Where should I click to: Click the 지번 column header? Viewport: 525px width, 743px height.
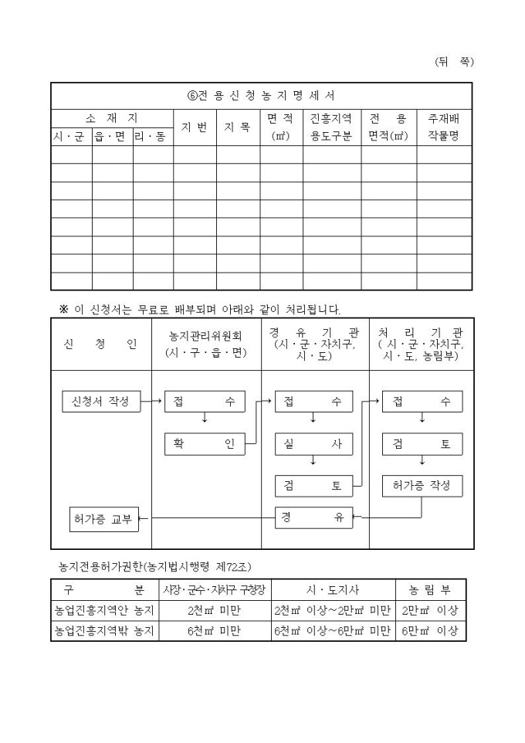[x=194, y=127]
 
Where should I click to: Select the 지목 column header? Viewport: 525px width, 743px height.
[x=237, y=127]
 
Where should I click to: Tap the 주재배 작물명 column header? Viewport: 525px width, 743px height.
[x=444, y=127]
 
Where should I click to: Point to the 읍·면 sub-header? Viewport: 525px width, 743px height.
[x=112, y=137]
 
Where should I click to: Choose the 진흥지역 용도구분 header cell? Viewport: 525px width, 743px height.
[x=331, y=127]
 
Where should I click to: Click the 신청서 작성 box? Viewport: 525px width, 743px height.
[x=100, y=402]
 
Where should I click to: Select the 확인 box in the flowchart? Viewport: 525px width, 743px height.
[x=205, y=444]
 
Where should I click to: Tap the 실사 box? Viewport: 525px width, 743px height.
[x=313, y=444]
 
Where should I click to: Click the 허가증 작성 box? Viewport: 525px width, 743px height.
[x=422, y=486]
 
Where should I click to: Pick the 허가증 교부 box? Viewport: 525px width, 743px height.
[x=103, y=518]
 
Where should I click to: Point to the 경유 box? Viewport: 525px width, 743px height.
[x=313, y=517]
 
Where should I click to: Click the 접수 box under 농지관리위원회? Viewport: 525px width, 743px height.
[x=205, y=402]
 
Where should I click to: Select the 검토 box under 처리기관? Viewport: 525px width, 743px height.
[x=422, y=444]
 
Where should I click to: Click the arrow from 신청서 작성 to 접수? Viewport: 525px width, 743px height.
[x=153, y=402]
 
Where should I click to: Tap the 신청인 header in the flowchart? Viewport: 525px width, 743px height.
[x=101, y=344]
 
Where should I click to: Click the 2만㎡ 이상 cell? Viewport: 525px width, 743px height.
[x=430, y=611]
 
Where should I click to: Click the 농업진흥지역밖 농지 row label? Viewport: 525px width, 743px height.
[x=105, y=631]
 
